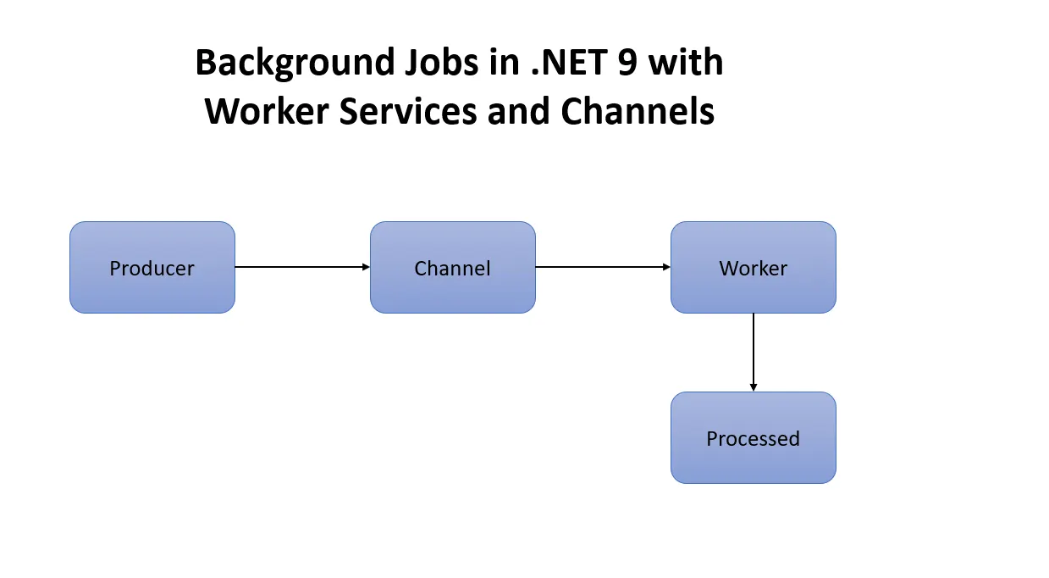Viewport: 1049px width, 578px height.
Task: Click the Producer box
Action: pyautogui.click(x=152, y=268)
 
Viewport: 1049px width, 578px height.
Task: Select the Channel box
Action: pyautogui.click(x=452, y=268)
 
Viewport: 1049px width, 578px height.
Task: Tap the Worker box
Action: pyautogui.click(x=753, y=268)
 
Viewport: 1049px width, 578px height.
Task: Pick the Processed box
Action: pyautogui.click(x=753, y=438)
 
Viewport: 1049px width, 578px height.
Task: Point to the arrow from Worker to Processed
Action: pyautogui.click(x=753, y=351)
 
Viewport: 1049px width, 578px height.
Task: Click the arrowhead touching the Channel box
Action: pyautogui.click(x=366, y=267)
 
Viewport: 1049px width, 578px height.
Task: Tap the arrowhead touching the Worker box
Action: pyautogui.click(x=666, y=267)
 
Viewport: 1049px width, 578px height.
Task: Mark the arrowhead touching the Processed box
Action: pyautogui.click(x=753, y=387)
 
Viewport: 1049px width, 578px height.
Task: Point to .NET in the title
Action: pyautogui.click(x=570, y=64)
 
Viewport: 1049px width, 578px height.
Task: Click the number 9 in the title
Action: pyautogui.click(x=628, y=64)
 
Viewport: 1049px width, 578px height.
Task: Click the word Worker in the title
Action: pyautogui.click(x=267, y=112)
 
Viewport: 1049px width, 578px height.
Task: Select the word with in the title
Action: pyautogui.click(x=687, y=64)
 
